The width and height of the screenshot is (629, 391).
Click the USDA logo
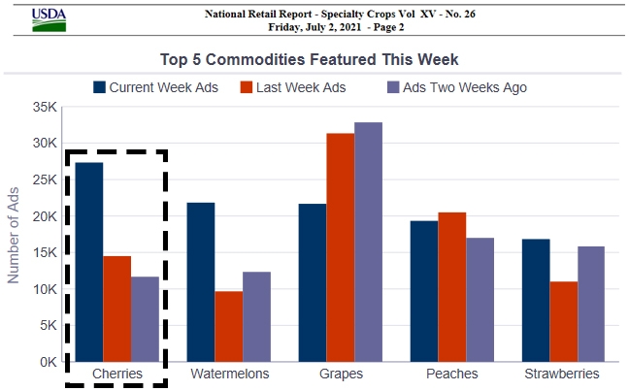(x=50, y=19)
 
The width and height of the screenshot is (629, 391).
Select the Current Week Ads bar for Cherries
(x=89, y=262)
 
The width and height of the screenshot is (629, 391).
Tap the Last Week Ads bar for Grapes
(x=340, y=247)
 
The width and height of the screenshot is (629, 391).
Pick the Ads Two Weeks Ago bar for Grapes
(x=368, y=243)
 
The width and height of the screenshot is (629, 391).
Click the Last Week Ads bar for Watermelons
(x=229, y=326)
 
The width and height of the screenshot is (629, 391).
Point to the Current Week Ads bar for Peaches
(x=423, y=291)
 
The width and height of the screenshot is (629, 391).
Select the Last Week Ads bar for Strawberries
(x=563, y=321)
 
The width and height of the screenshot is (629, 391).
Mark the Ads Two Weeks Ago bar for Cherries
(x=146, y=319)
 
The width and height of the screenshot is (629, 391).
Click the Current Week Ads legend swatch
(x=99, y=87)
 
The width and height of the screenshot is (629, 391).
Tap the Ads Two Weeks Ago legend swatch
(x=393, y=87)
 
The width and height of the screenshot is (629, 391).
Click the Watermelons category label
(x=229, y=374)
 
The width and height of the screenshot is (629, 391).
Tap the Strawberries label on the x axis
(x=562, y=374)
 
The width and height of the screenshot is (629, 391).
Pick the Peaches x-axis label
(x=451, y=374)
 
